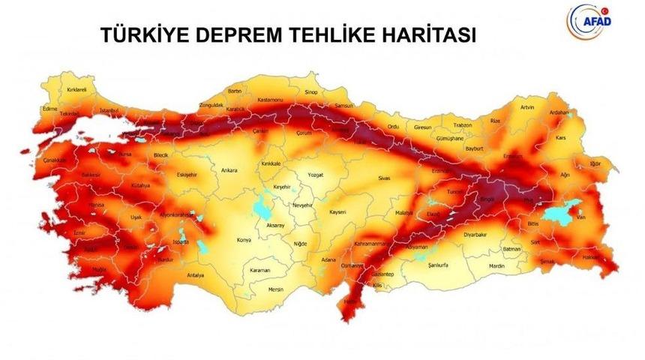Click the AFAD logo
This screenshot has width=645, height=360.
(x=591, y=17)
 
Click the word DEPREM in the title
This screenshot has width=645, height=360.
(x=242, y=35)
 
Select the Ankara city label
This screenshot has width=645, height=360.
(x=229, y=170)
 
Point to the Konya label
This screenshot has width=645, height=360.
(x=244, y=239)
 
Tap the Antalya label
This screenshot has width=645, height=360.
(x=196, y=275)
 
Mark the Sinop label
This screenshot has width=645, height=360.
(x=311, y=92)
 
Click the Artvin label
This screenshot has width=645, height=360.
(x=527, y=107)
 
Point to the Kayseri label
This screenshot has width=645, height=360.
(x=337, y=212)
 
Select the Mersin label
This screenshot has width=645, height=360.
(x=276, y=289)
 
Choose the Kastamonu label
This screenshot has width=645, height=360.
(x=268, y=100)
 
